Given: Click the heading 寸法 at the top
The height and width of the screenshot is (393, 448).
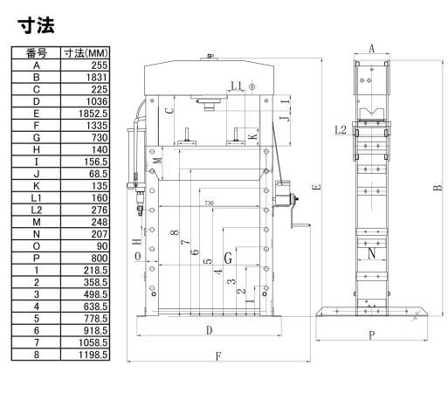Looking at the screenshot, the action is point(37,26).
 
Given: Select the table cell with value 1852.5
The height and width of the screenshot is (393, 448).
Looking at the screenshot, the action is point(85,114).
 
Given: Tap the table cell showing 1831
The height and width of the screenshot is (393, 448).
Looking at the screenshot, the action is point(85,77).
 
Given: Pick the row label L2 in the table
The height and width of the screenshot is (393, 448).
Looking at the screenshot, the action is point(36,210).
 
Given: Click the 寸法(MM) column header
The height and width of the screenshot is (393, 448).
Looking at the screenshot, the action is point(86,53).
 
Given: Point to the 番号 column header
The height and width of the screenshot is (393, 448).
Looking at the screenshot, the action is point(37,53).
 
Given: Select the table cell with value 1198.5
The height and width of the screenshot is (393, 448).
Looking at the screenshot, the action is point(85,355).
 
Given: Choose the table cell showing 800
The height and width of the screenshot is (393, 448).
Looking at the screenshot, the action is point(85,258).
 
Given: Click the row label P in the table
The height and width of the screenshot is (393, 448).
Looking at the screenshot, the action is point(36,258).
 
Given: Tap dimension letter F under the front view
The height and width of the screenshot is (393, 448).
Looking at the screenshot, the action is point(218,356).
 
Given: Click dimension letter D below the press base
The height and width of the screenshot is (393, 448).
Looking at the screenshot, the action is point(209,330).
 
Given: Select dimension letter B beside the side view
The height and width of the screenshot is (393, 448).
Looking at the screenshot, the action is point(438,187).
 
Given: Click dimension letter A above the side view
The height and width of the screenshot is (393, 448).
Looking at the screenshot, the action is point(372,49).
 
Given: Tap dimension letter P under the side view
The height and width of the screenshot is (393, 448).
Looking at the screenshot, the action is point(372,335).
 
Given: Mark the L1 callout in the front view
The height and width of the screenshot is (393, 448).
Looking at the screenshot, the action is point(237,86).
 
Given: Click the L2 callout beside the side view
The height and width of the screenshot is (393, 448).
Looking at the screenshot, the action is point(341,130).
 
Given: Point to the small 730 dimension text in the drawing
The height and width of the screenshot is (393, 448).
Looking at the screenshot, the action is point(209,203).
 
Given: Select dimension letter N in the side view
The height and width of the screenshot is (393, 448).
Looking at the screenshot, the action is point(372,253).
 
